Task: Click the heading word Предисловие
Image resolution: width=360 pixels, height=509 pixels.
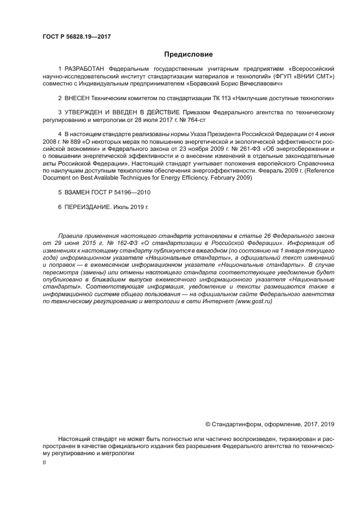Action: point(188,54)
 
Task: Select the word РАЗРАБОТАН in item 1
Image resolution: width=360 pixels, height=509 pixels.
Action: point(86,69)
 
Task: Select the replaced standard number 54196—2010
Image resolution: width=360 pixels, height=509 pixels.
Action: point(132,193)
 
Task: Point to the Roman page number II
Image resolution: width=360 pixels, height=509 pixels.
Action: point(44,461)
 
